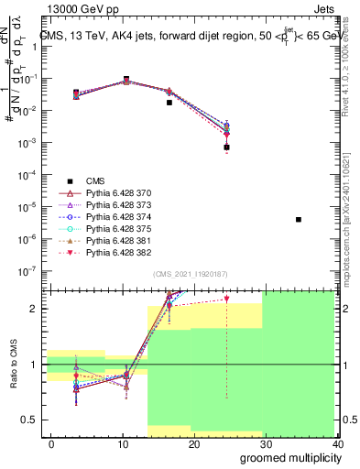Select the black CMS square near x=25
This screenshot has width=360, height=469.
(226, 147)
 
